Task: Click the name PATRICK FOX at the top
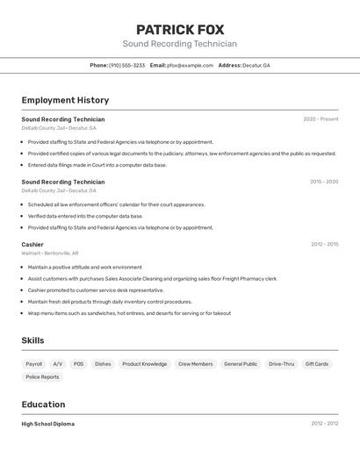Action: tap(179, 29)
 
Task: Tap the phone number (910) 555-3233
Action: tap(126, 66)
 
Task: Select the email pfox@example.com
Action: tap(191, 66)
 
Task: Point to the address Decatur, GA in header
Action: tap(256, 66)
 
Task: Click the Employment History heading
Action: tap(65, 100)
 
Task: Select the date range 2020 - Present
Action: tap(320, 119)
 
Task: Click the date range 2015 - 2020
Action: tap(323, 182)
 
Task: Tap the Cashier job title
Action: tap(32, 244)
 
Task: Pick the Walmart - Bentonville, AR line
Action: tap(50, 253)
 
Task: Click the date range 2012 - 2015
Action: tap(324, 244)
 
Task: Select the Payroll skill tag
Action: tap(34, 363)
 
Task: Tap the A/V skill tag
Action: tap(58, 363)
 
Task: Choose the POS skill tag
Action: tap(79, 363)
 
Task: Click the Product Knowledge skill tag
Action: tap(144, 363)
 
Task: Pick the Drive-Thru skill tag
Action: tap(282, 363)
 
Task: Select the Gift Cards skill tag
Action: tap(317, 363)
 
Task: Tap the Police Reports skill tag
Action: tap(43, 377)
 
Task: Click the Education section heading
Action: tap(43, 404)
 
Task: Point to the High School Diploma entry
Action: tap(48, 424)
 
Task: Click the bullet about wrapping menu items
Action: tap(129, 313)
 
